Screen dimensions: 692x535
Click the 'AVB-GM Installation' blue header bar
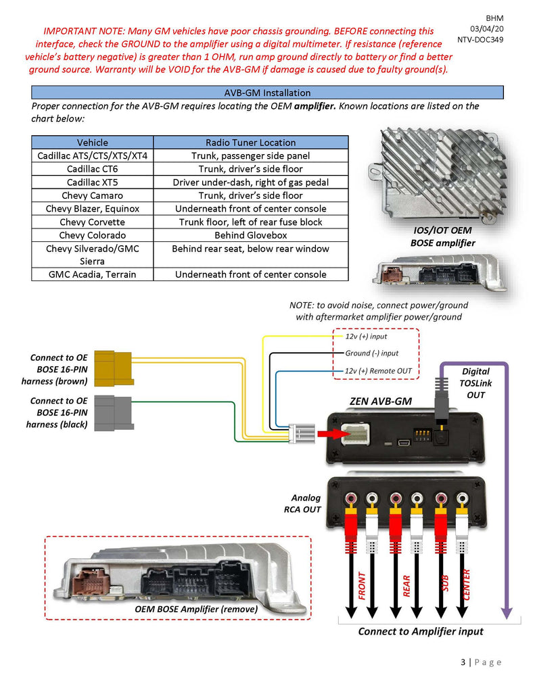267,93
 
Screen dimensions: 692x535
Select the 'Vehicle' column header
92,143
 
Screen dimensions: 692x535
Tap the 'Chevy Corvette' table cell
92,222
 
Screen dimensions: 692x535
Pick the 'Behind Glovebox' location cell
250,235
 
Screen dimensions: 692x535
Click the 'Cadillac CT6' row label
92,169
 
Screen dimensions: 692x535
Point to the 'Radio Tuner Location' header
250,143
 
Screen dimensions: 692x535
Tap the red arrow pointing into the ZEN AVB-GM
329,432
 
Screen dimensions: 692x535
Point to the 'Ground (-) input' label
371,353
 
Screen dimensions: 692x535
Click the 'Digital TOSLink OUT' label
476,382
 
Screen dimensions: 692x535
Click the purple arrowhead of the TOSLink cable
506,612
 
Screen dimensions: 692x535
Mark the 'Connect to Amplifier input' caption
421,631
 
